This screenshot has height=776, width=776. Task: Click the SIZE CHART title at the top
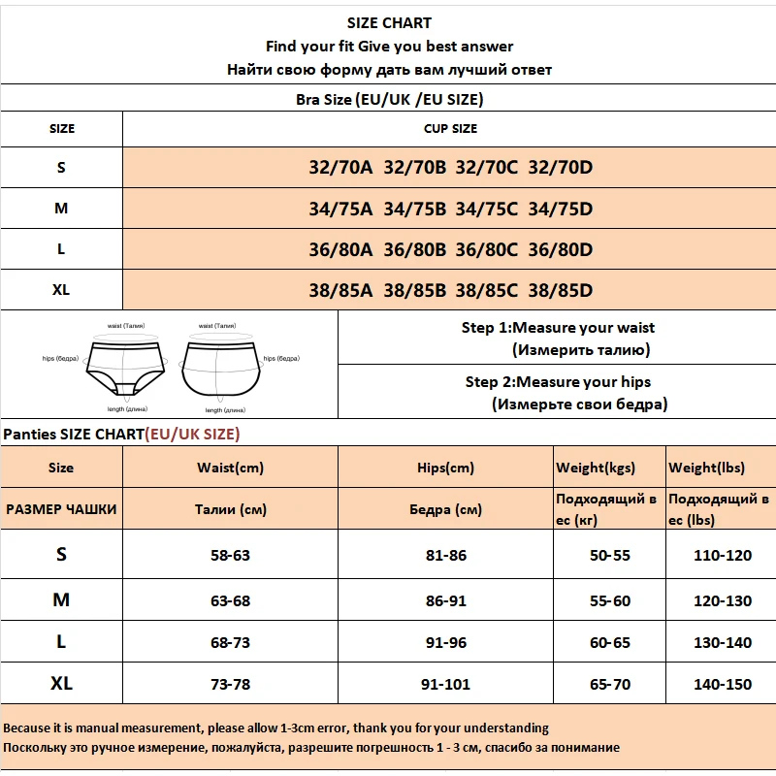(389, 23)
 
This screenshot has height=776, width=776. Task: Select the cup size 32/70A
(340, 167)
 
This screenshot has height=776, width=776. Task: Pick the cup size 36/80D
(560, 248)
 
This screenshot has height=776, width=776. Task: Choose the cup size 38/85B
(414, 290)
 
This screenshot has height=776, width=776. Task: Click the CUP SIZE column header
(450, 128)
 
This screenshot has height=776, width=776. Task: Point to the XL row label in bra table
(61, 290)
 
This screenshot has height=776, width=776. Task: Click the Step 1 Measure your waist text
(558, 328)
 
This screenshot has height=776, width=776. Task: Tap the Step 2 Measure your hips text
(558, 382)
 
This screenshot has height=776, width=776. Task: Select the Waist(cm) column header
(230, 468)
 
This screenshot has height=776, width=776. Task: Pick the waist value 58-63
(230, 556)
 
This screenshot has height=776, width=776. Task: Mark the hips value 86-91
(445, 600)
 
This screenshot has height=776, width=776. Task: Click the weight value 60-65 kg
(609, 642)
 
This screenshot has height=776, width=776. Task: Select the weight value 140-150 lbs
(722, 684)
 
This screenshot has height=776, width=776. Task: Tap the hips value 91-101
(445, 684)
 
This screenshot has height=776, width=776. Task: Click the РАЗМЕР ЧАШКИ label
(61, 509)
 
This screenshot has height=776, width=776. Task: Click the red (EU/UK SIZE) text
(192, 434)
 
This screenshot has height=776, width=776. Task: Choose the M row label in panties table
(61, 600)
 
